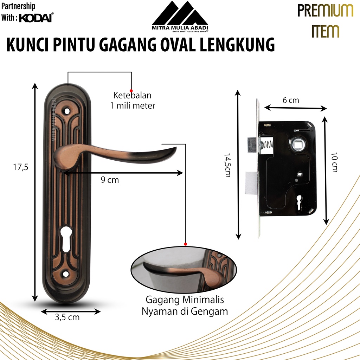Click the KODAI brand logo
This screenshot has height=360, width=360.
36,18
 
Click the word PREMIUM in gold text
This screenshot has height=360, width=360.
325,11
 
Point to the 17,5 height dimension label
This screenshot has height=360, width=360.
20,167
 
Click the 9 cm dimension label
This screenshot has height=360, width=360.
110,180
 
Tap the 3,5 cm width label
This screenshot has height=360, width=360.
67,317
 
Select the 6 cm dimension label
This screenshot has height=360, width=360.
291,100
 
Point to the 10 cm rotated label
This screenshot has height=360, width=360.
334,162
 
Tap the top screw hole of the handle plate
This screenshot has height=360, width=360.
67,111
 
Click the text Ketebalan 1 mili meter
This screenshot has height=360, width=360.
133,100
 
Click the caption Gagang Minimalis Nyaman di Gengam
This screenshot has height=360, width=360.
185,306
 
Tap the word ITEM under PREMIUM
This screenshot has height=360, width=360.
325,31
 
